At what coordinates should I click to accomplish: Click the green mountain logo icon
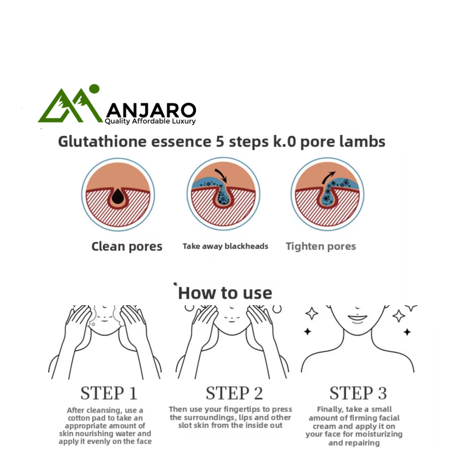(x=70, y=106)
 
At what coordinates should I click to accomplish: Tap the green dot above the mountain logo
(x=94, y=89)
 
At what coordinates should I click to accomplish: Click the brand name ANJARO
(x=151, y=110)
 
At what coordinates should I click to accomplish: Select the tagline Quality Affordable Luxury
(x=150, y=121)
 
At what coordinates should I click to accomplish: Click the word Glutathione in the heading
(x=103, y=141)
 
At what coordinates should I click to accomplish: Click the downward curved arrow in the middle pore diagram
(x=221, y=175)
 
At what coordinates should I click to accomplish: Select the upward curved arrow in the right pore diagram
(x=328, y=177)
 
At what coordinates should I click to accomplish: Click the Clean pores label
(x=127, y=246)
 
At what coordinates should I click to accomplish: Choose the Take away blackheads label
(x=226, y=246)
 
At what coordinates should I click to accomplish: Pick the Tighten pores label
(x=320, y=246)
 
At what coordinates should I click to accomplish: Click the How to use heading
(x=225, y=293)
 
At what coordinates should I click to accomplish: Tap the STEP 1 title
(x=109, y=393)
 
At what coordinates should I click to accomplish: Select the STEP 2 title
(x=234, y=393)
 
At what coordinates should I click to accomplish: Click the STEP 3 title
(x=358, y=393)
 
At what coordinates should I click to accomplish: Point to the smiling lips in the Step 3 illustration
(x=358, y=318)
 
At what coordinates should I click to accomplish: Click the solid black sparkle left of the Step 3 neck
(x=308, y=332)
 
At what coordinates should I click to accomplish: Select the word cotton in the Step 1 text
(x=79, y=418)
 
